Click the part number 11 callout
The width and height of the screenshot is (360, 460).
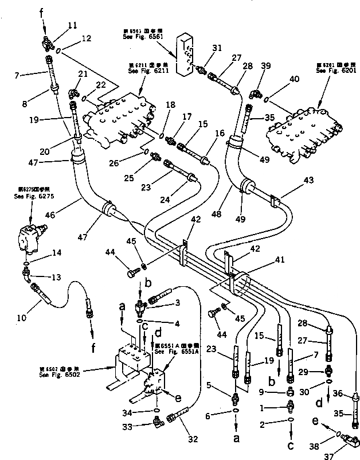[x=72, y=25]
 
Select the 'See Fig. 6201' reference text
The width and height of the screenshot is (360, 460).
[x=332, y=69]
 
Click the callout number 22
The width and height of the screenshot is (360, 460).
[x=101, y=85]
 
